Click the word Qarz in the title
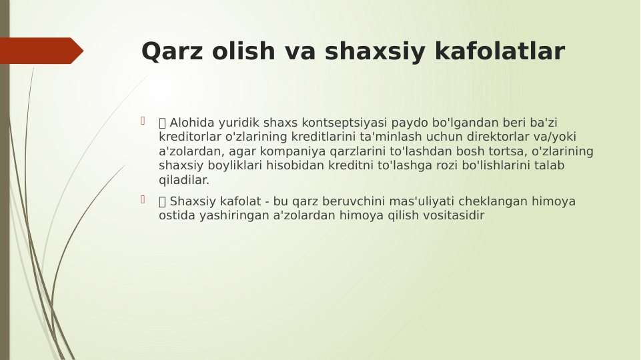click(x=171, y=52)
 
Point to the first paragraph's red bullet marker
click(x=143, y=121)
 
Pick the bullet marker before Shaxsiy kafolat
click(x=143, y=199)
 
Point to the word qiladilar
click(x=183, y=180)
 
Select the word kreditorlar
click(x=191, y=137)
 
